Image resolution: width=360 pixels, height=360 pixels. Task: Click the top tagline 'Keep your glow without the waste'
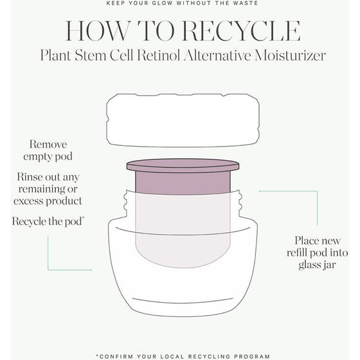(179, 3)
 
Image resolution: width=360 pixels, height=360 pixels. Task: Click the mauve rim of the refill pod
(183, 166)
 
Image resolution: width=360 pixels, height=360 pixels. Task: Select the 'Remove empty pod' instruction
(48, 150)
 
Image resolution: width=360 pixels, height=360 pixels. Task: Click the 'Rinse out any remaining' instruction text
(48, 182)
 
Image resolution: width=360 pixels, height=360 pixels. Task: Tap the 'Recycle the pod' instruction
(48, 221)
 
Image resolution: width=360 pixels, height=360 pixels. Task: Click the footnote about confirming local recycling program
(179, 355)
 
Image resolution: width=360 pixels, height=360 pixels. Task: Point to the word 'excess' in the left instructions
(30, 201)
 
